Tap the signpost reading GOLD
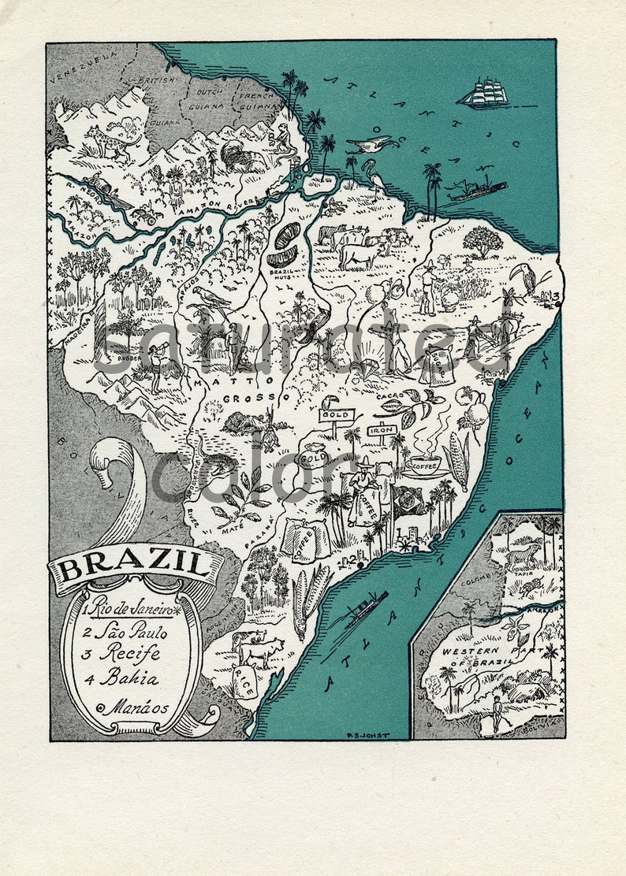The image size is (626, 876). [336, 415]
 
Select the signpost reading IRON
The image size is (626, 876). [381, 431]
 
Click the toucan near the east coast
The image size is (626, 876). [523, 277]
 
